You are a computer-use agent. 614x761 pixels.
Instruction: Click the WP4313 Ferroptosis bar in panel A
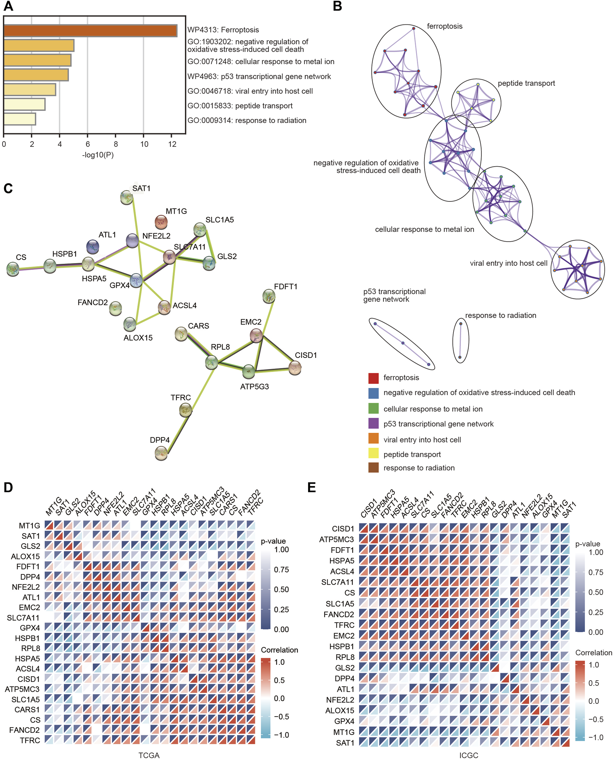90,30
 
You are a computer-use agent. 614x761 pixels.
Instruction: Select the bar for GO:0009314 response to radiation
20,119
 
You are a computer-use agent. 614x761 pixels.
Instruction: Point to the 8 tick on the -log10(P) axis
116,144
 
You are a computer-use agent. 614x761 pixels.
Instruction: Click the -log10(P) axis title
98,155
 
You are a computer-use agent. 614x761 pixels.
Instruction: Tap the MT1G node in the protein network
161,222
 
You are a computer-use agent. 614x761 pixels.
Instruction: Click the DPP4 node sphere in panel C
161,453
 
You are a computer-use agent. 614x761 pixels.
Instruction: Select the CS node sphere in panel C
13,269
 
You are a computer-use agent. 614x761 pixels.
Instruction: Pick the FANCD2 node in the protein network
116,309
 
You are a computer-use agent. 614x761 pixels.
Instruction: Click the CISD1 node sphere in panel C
295,368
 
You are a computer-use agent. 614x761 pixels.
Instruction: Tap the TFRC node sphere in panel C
186,410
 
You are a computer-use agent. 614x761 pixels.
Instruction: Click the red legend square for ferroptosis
374,378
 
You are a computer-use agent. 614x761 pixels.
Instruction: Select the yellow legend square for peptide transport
374,454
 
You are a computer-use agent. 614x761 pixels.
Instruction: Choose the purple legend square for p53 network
374,423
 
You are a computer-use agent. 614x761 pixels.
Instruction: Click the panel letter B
337,6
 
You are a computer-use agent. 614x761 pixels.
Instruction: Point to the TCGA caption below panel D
149,756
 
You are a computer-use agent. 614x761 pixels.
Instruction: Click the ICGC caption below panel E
468,756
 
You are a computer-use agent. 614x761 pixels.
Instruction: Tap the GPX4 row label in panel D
30,628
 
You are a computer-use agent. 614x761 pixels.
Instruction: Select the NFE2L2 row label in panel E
340,700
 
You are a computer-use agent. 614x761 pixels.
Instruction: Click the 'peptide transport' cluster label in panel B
526,84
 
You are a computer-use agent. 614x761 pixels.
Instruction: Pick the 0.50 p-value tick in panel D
282,589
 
